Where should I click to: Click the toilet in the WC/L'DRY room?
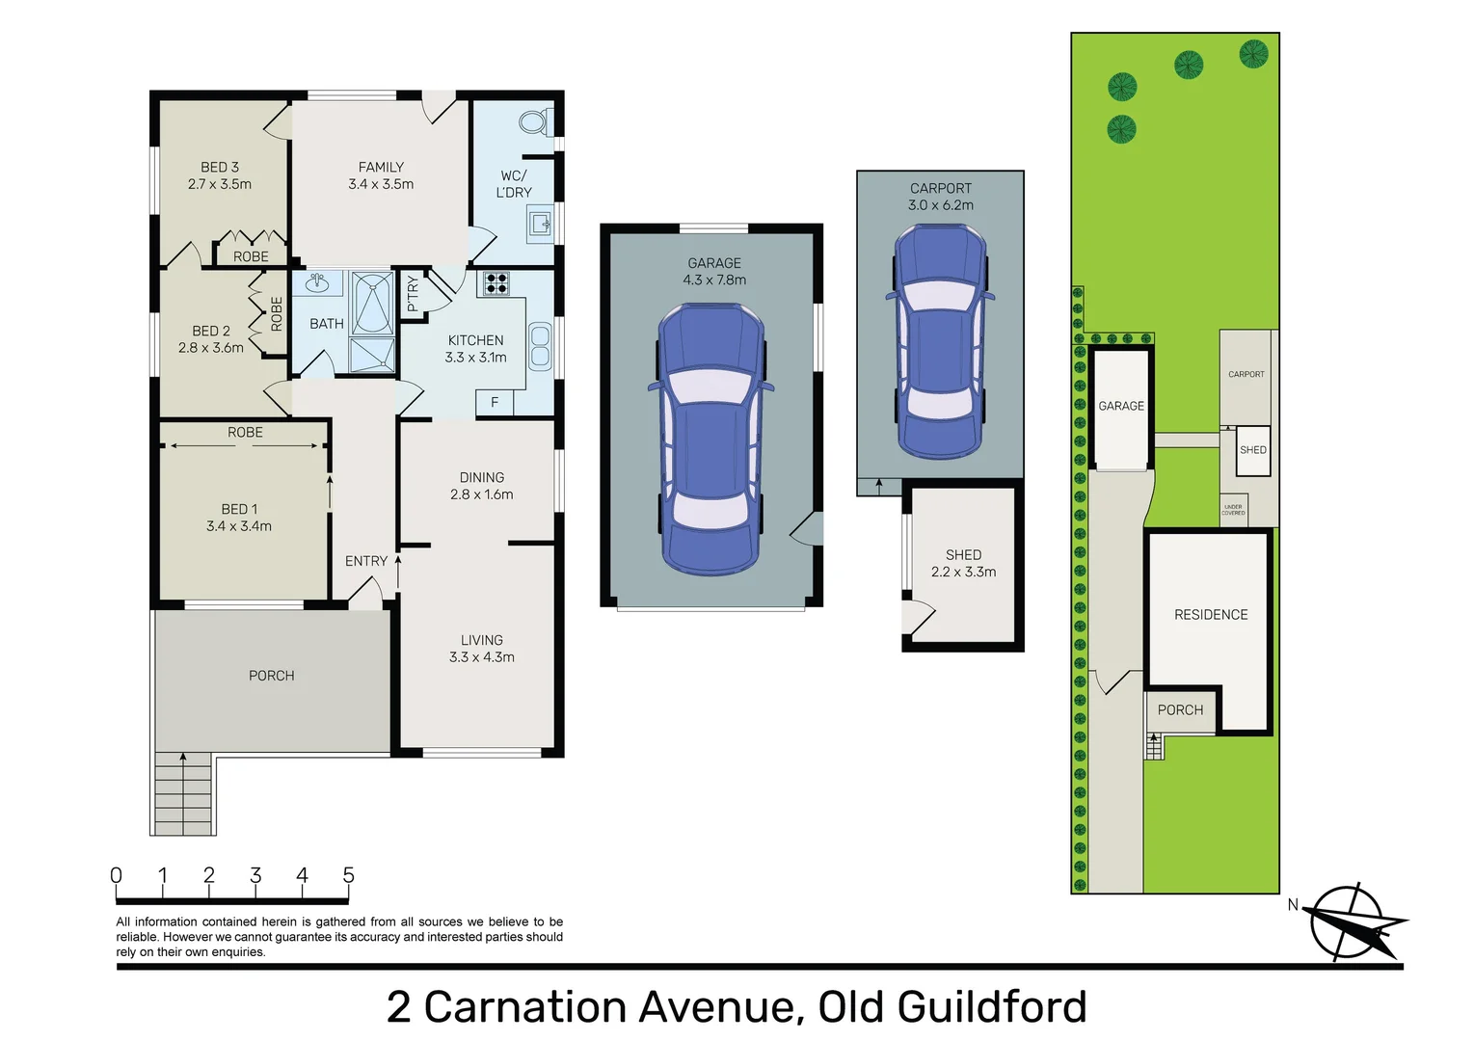click(533, 122)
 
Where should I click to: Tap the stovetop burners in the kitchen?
click(496, 282)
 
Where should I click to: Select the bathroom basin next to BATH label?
click(317, 282)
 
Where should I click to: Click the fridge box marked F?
click(495, 403)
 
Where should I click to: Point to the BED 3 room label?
click(220, 168)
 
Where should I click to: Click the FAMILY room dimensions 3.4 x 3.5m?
click(381, 184)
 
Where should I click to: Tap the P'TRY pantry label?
click(413, 294)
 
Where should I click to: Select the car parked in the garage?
click(710, 439)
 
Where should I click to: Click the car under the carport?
click(940, 342)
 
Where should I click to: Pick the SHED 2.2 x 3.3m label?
click(963, 563)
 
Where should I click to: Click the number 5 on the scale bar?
click(348, 875)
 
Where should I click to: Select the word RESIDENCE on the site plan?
click(1211, 615)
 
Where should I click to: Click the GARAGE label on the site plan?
click(1121, 406)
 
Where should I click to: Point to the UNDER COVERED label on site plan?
click(1233, 510)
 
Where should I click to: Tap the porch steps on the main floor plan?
click(183, 792)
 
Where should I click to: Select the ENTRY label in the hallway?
click(366, 561)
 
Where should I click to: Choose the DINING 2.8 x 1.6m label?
click(481, 486)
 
